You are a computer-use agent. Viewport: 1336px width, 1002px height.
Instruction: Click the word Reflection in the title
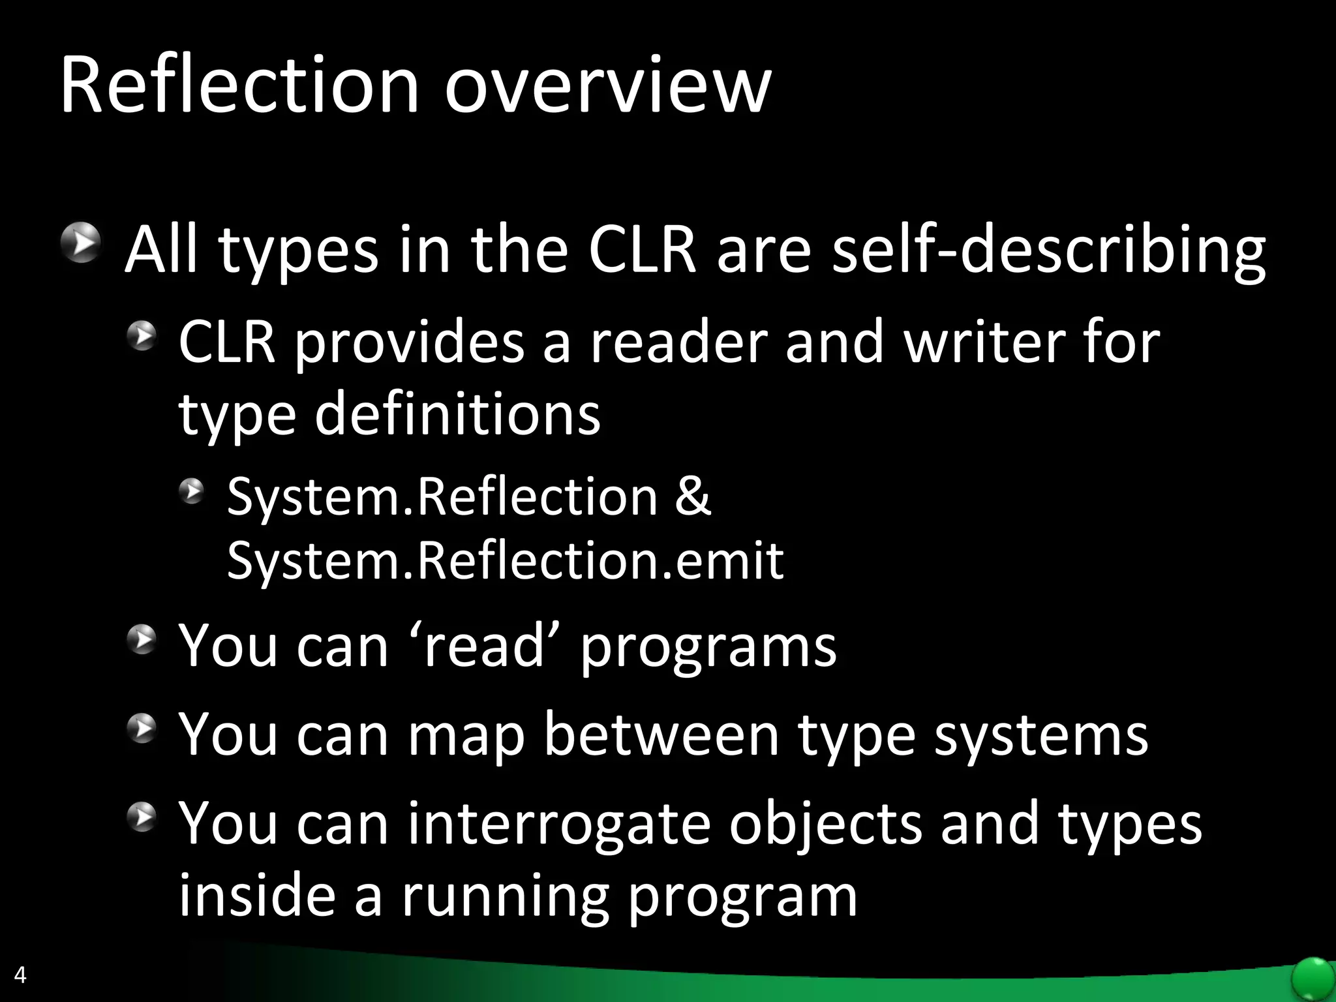point(239,86)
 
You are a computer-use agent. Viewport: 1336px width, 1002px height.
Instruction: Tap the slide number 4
point(20,975)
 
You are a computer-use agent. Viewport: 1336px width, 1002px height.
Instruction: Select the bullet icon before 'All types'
point(81,243)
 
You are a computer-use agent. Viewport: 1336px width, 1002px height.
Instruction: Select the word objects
point(825,824)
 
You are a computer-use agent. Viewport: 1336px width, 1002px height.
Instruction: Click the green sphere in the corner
point(1313,979)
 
